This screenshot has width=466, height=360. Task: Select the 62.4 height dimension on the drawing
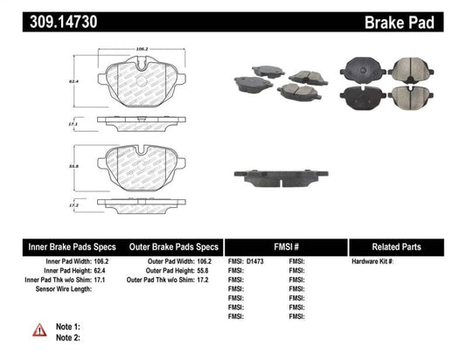click(x=78, y=79)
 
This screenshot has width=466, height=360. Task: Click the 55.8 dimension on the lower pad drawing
click(x=78, y=164)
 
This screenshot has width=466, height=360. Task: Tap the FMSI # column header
click(x=286, y=246)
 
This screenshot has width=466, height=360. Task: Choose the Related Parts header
click(x=406, y=246)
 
